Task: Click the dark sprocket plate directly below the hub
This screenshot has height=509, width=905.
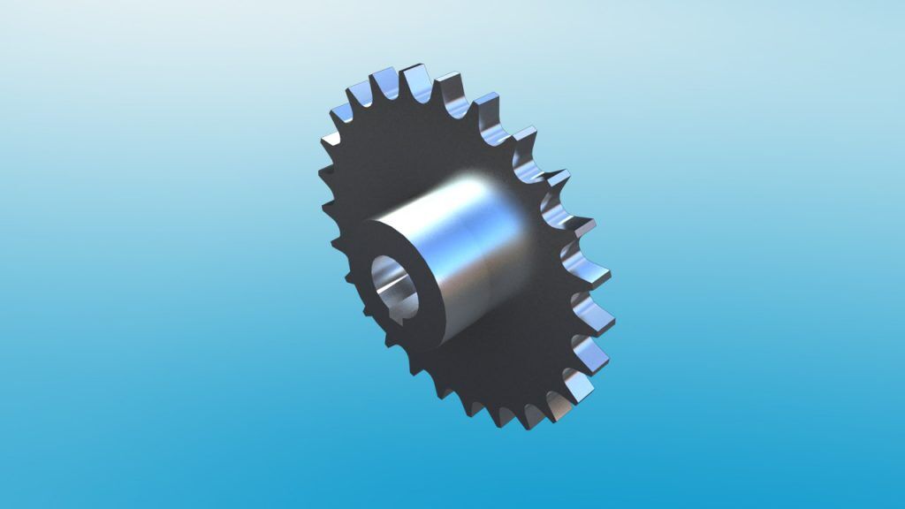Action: click(x=495, y=371)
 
